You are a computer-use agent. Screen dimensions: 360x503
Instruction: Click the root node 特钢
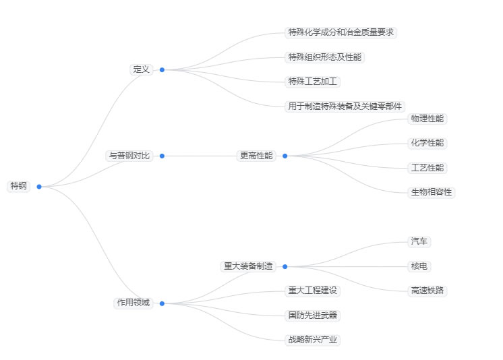(x=19, y=186)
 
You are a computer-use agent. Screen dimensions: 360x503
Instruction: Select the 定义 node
(x=141, y=69)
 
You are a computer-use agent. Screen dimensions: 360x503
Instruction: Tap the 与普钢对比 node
(x=129, y=156)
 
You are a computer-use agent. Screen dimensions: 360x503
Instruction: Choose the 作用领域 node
(x=134, y=303)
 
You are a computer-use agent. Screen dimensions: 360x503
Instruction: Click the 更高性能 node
(x=256, y=156)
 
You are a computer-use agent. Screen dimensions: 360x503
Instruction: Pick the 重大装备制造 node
(x=248, y=266)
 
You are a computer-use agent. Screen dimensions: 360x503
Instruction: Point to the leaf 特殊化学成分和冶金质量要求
(x=341, y=32)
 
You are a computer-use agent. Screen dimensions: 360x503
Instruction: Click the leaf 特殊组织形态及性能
(x=325, y=57)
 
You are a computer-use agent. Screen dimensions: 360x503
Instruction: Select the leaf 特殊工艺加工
(x=313, y=82)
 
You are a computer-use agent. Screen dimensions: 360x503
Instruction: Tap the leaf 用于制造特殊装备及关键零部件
(x=345, y=106)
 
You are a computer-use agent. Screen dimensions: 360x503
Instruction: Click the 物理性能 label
(x=427, y=119)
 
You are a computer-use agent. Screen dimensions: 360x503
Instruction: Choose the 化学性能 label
(x=427, y=143)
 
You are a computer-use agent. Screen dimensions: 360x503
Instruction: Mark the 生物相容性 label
(x=432, y=192)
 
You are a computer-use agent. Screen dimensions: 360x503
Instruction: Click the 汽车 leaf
(x=419, y=241)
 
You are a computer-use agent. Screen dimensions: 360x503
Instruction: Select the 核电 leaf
(x=419, y=266)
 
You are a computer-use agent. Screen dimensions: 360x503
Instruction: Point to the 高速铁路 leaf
(x=427, y=291)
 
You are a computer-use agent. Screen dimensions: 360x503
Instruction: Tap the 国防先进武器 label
(x=313, y=315)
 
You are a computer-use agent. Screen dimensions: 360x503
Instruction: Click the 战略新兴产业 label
(x=313, y=340)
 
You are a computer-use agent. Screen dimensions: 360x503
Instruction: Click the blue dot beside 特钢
(x=39, y=187)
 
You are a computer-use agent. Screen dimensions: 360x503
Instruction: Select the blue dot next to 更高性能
(x=285, y=156)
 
